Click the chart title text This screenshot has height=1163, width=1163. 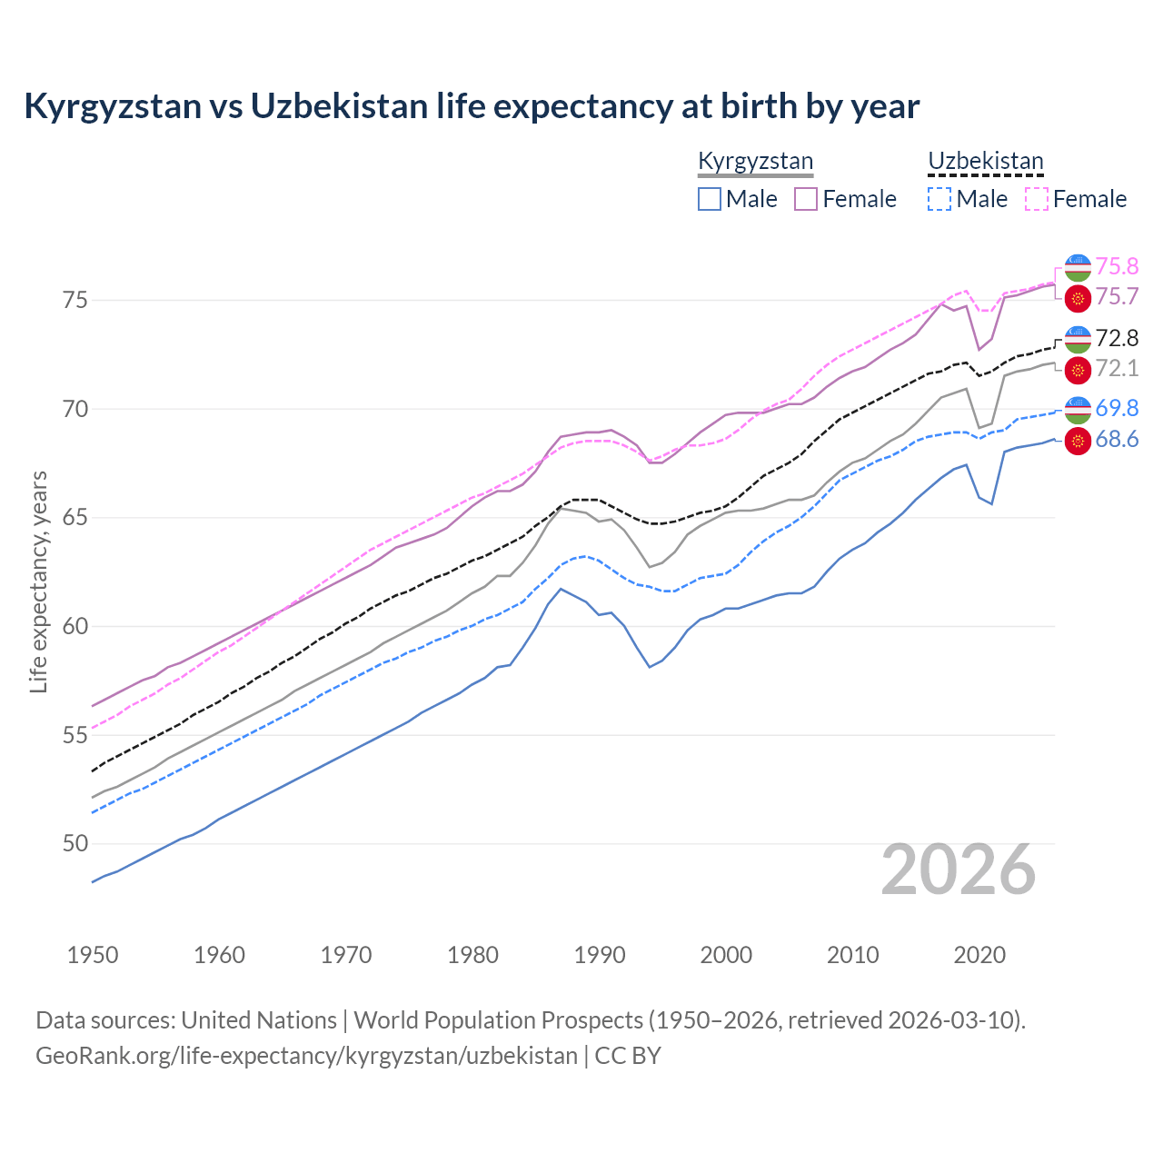click(472, 106)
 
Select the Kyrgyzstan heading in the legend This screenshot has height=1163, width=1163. click(755, 162)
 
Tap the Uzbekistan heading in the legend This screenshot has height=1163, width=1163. click(985, 162)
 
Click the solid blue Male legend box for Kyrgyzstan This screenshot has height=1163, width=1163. click(710, 199)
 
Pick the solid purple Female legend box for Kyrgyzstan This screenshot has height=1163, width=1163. click(807, 199)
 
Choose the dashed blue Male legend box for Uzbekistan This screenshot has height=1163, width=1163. click(939, 199)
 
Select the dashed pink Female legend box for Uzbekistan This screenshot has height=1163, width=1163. click(1037, 199)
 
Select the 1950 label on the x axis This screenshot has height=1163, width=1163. click(93, 955)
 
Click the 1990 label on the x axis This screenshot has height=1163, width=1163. click(600, 955)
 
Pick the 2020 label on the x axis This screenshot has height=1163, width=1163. click(979, 955)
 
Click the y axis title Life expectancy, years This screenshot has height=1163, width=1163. click(38, 581)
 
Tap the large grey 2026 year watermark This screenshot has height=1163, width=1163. click(958, 870)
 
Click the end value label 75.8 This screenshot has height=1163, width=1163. click(1117, 266)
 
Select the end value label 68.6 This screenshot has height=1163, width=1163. click(1117, 440)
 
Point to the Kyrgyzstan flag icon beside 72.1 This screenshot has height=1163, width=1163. click(1078, 370)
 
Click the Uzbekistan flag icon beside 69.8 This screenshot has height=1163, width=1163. click(1078, 410)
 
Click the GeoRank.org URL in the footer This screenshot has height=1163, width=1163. click(306, 1056)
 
